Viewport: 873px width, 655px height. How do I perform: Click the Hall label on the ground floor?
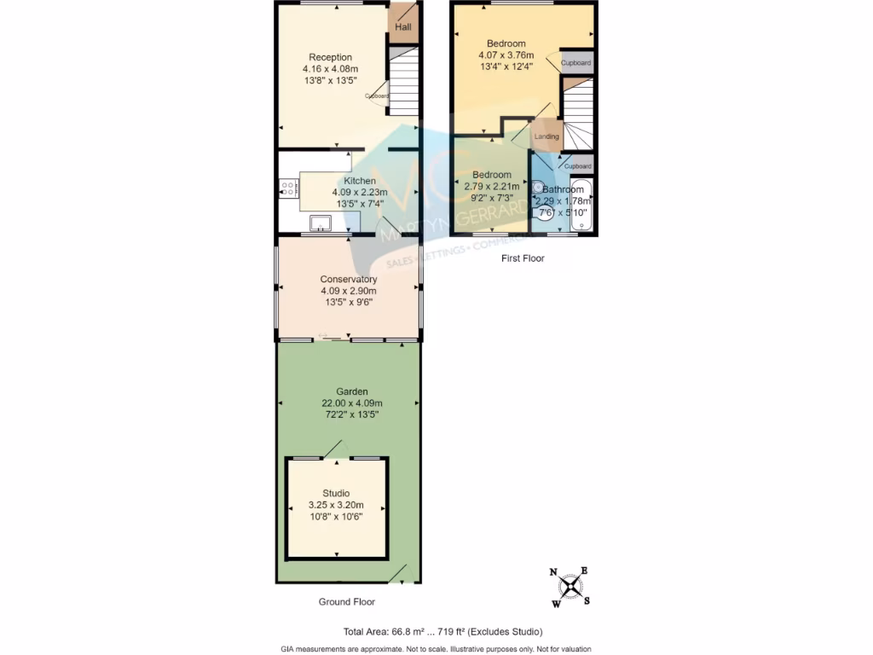tap(403, 28)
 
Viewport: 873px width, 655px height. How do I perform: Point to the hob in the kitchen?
tap(286, 188)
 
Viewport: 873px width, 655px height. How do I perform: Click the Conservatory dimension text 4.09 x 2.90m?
tap(348, 291)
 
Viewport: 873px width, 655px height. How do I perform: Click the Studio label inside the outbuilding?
tap(336, 493)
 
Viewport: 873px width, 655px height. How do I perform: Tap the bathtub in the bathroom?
tap(582, 205)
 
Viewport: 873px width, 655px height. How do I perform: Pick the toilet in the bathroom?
tap(543, 212)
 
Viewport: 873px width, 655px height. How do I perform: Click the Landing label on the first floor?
tap(546, 136)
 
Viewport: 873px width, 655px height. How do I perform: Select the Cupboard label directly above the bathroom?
tap(578, 165)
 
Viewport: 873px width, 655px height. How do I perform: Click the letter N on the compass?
tap(553, 573)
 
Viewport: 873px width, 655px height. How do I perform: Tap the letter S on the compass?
tap(587, 600)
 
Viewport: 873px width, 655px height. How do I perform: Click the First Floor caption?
tap(523, 258)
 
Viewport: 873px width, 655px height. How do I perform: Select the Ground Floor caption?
tap(346, 602)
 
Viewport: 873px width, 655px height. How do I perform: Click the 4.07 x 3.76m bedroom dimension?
tap(506, 55)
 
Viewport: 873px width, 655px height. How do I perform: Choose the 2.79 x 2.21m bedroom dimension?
tap(491, 187)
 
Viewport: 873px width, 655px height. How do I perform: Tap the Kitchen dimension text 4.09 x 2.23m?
tap(360, 193)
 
